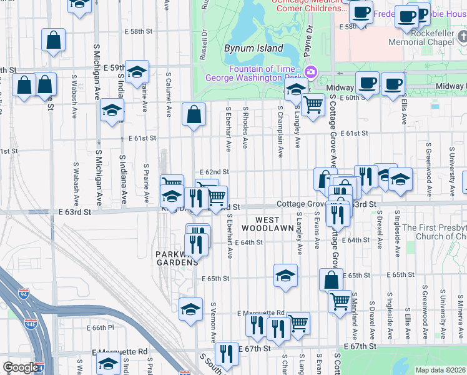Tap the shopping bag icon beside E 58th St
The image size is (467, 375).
54,41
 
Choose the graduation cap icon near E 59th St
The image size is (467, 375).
137,73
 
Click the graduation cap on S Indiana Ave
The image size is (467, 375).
112,111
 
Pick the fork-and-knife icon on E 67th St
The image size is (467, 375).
227,354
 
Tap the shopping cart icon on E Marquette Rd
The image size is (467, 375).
298,324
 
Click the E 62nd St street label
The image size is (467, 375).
215,172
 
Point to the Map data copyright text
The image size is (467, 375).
440,370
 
